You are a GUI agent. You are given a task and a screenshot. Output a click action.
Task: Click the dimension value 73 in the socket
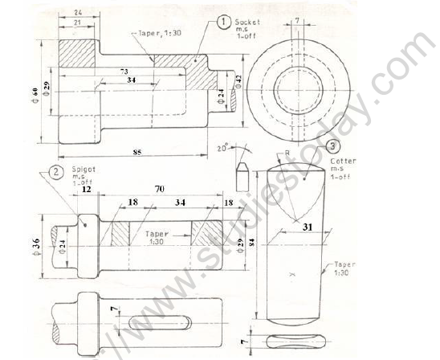click(123, 72)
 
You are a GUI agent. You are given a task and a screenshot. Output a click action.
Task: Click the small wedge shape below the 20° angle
click(239, 171)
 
